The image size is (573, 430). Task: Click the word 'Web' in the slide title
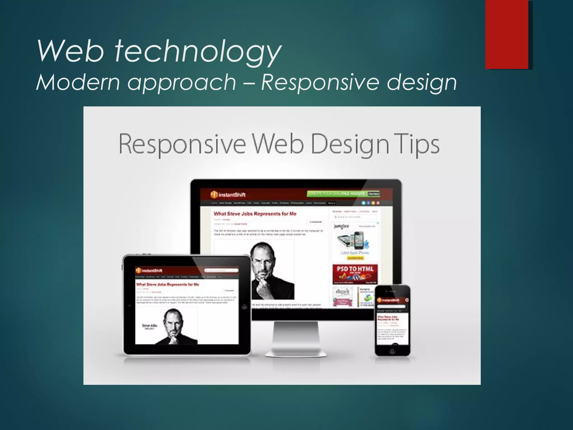coord(71,52)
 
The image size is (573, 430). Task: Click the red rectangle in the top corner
coord(507,34)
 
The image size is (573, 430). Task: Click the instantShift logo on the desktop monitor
coord(228,194)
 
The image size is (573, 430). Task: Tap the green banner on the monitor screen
coord(343,194)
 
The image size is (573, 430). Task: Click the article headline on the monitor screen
coord(255,214)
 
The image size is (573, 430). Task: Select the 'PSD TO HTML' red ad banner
coord(355,274)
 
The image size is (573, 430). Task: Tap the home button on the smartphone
coord(393,351)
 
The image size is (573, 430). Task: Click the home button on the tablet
coord(245,306)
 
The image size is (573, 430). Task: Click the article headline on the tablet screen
coord(168,284)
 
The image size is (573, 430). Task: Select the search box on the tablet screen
coord(221,270)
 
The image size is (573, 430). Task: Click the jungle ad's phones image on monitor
coord(354,240)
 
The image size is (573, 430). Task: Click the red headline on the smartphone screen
coord(388,318)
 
